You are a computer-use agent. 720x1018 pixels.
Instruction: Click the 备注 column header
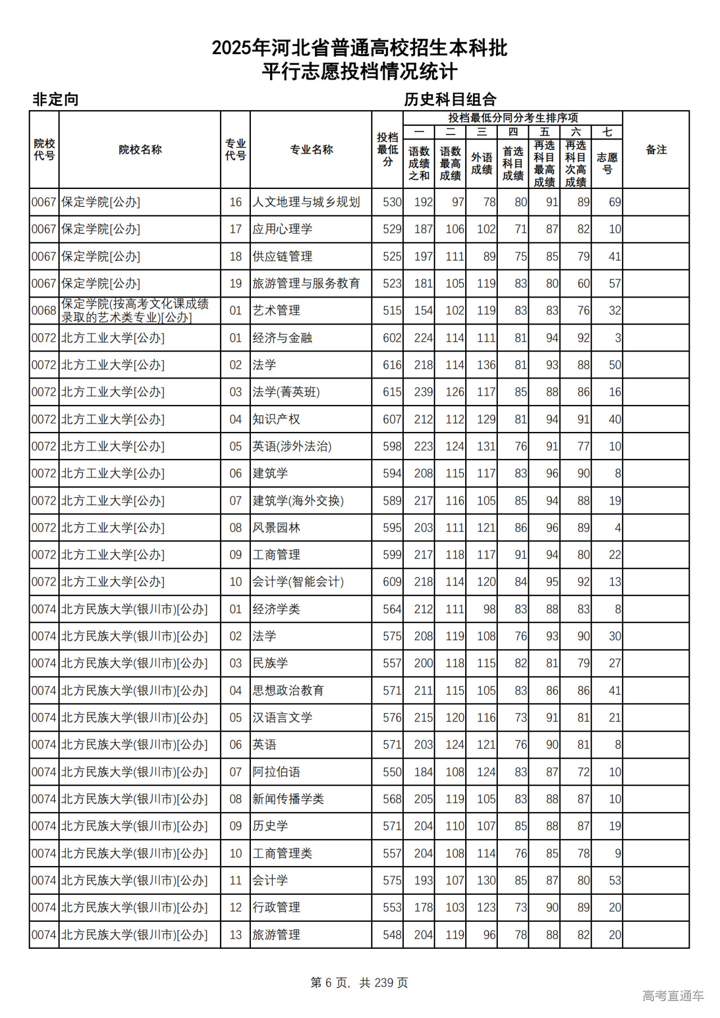(x=656, y=150)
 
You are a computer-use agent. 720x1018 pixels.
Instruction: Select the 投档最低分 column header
(x=388, y=150)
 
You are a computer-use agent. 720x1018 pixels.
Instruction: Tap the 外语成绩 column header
(x=481, y=163)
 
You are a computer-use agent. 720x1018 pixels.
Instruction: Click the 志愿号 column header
(x=607, y=163)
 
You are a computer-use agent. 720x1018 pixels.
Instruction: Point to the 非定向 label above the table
(x=55, y=100)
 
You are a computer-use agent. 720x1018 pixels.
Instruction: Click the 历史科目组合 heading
(x=450, y=100)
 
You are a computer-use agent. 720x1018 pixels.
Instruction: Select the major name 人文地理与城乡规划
(x=306, y=202)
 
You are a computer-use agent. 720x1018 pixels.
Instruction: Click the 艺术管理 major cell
(x=276, y=310)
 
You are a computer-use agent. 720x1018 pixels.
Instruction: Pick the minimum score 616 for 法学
(x=391, y=365)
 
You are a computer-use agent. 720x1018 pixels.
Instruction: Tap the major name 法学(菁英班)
(x=286, y=392)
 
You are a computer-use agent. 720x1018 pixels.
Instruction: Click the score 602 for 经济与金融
(x=391, y=338)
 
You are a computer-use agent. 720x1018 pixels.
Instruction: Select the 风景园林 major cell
(x=276, y=528)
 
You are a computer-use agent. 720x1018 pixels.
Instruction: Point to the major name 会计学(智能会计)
(x=298, y=582)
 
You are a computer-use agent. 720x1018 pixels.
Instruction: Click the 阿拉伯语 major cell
(x=276, y=772)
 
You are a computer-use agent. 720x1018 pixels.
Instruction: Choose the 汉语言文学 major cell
(x=282, y=718)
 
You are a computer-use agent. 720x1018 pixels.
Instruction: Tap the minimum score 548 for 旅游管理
(x=391, y=935)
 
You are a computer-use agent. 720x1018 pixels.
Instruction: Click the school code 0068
(x=44, y=310)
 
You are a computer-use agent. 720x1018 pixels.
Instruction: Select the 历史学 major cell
(x=270, y=826)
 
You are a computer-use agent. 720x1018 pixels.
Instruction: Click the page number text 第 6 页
(x=329, y=983)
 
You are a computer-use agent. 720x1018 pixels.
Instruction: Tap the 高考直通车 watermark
(x=673, y=996)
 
